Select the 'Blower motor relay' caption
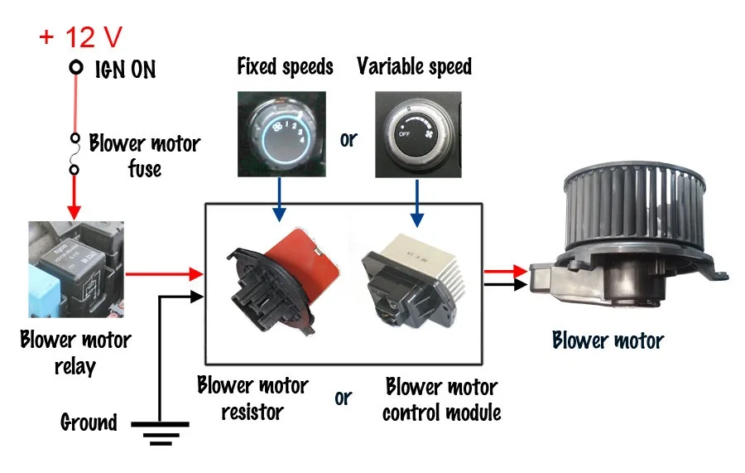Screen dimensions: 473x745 (75, 351)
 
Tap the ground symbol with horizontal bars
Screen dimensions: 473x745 (159, 430)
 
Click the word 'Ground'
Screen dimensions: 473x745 (89, 422)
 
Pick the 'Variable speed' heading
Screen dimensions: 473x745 (414, 66)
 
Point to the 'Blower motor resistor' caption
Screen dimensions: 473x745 (252, 398)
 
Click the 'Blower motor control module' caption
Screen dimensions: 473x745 (441, 398)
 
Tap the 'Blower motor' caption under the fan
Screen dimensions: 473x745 (608, 340)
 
